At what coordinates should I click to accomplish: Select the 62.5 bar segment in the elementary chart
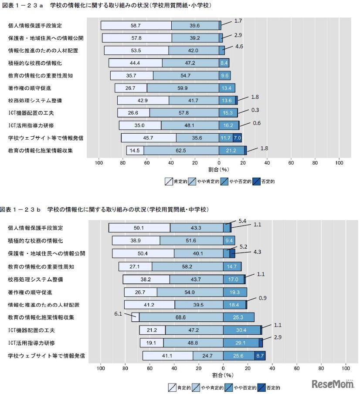point(181,151)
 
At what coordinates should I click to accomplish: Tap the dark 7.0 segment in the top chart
point(237,138)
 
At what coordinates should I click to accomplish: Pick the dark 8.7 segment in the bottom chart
point(260,356)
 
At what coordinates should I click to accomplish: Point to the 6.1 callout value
point(117,313)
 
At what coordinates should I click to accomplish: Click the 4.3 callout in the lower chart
point(257,252)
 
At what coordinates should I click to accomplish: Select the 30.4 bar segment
point(241,330)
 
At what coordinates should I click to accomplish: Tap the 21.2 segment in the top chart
point(231,151)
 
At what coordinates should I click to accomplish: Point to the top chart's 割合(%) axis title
point(219,169)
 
